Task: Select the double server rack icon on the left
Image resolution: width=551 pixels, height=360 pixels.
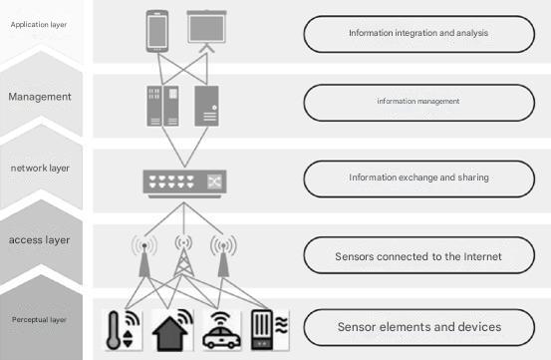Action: pos(160,106)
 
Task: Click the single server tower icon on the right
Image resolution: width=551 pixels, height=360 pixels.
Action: pos(206,106)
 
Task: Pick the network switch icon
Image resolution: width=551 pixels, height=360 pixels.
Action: pos(184,181)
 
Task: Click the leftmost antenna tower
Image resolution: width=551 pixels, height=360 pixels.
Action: pos(144,257)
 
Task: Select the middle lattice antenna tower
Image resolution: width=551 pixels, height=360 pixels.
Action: pos(183,257)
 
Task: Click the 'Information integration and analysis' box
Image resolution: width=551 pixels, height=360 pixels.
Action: pos(417,34)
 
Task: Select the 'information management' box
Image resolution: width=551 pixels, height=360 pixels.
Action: pos(417,101)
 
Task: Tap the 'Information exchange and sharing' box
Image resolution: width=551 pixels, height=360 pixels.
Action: pos(417,179)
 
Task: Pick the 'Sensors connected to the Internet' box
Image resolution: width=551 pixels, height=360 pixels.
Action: pos(417,256)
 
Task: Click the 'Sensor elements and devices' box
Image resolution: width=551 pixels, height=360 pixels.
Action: pos(417,327)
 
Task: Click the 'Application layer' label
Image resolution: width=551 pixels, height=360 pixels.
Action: pos(38,22)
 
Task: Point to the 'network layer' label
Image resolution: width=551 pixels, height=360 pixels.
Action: pos(40,170)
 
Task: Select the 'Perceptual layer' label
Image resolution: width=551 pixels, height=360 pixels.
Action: pos(40,320)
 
